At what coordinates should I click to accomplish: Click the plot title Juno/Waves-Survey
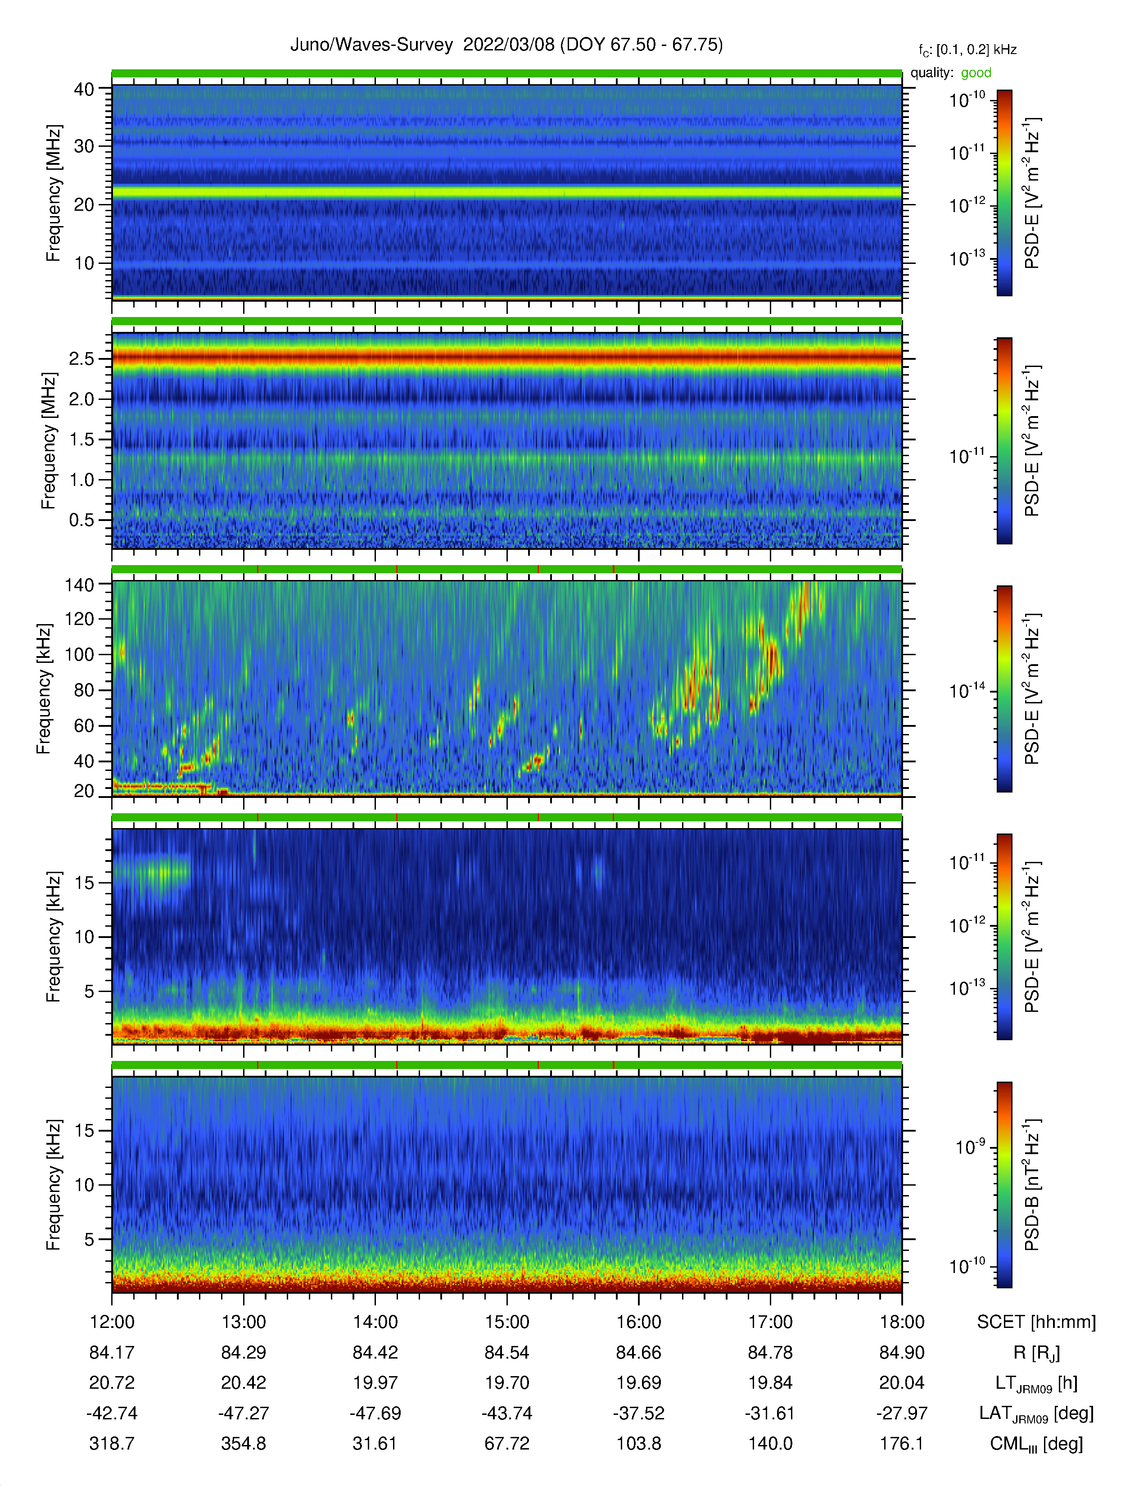point(371,45)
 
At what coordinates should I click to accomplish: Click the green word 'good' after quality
point(976,73)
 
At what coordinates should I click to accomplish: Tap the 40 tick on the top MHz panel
point(84,89)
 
